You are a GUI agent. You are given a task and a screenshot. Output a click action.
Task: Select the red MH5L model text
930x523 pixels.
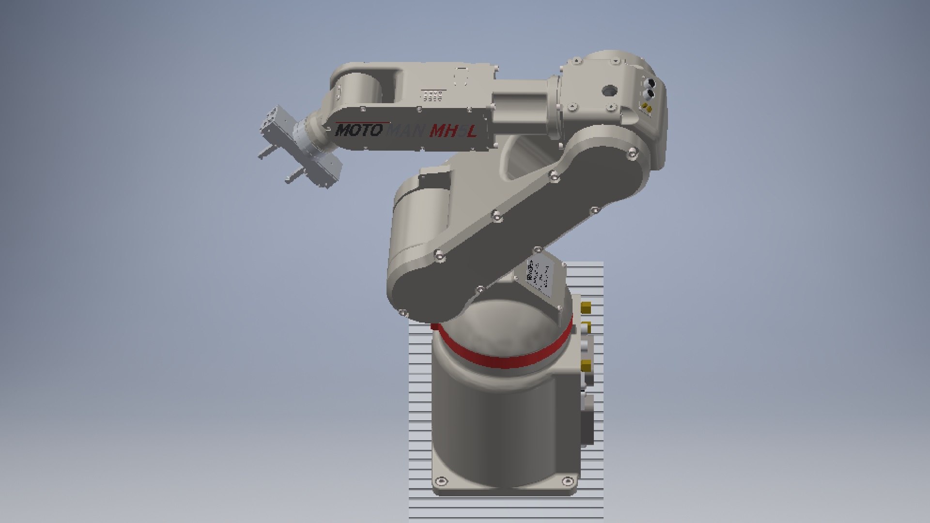(453, 131)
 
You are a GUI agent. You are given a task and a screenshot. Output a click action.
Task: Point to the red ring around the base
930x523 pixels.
(504, 358)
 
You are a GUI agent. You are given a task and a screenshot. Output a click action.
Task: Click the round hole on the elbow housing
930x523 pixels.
(609, 90)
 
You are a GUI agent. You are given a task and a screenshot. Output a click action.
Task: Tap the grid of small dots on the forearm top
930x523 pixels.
(432, 95)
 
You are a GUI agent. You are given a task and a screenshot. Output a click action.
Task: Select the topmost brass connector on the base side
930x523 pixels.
(586, 307)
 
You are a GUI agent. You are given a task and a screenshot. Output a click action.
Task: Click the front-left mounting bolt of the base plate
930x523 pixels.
(440, 481)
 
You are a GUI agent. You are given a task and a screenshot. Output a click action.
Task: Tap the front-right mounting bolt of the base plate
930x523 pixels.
(566, 481)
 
